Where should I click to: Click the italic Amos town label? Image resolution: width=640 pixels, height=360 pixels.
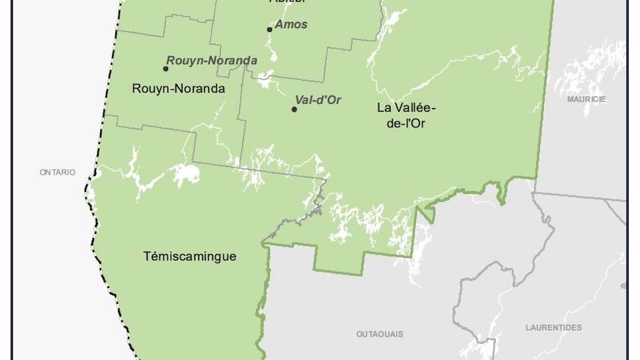(x=291, y=25)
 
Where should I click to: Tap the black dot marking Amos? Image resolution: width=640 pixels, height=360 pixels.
(x=269, y=29)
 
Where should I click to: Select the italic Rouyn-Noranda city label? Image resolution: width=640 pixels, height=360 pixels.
(x=211, y=61)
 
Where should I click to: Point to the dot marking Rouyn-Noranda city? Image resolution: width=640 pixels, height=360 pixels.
(x=165, y=68)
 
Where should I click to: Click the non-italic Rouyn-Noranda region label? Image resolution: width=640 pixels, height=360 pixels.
(x=178, y=88)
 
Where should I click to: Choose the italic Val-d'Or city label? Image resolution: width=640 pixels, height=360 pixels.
(x=318, y=100)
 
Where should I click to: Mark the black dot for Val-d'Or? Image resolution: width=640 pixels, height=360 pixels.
(x=294, y=109)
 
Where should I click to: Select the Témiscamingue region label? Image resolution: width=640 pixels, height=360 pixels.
(x=190, y=256)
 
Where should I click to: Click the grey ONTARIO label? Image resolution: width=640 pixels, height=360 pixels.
(x=57, y=172)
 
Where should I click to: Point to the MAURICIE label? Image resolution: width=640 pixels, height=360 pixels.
(x=587, y=99)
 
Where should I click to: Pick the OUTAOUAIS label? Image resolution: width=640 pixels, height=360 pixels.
(x=379, y=334)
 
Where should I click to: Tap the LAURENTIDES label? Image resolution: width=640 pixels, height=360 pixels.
(x=553, y=327)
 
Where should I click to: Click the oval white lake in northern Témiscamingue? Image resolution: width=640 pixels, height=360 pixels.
(x=185, y=175)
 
